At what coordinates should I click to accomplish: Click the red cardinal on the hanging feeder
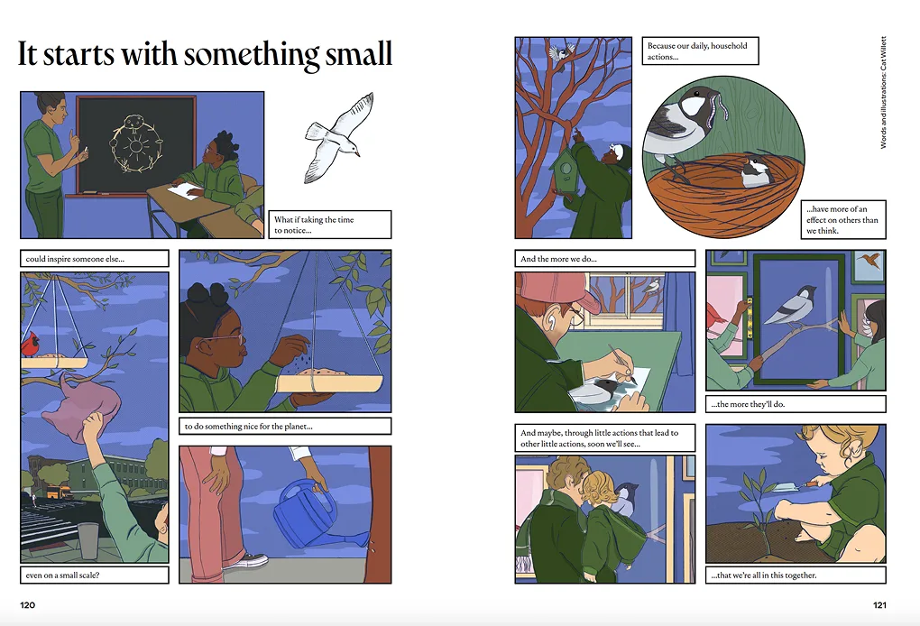pyautogui.click(x=30, y=345)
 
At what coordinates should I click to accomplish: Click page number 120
pyautogui.click(x=28, y=605)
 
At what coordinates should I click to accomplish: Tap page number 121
pyautogui.click(x=879, y=605)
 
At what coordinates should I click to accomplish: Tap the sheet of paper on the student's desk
pyautogui.click(x=186, y=190)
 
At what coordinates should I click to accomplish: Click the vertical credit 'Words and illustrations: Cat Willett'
pyautogui.click(x=883, y=93)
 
